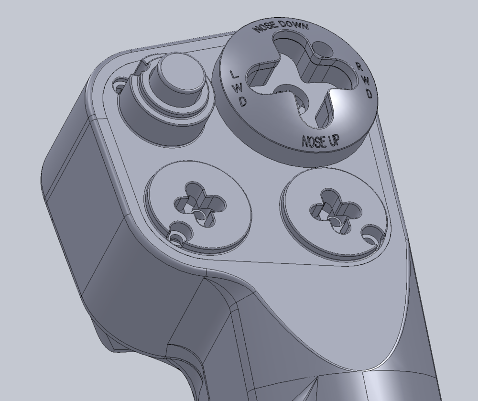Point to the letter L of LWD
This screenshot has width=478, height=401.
(233, 74)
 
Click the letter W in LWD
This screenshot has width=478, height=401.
(238, 88)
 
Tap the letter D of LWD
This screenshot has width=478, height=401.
(242, 101)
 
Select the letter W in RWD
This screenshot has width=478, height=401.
(366, 81)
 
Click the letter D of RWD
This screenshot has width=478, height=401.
(369, 94)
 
